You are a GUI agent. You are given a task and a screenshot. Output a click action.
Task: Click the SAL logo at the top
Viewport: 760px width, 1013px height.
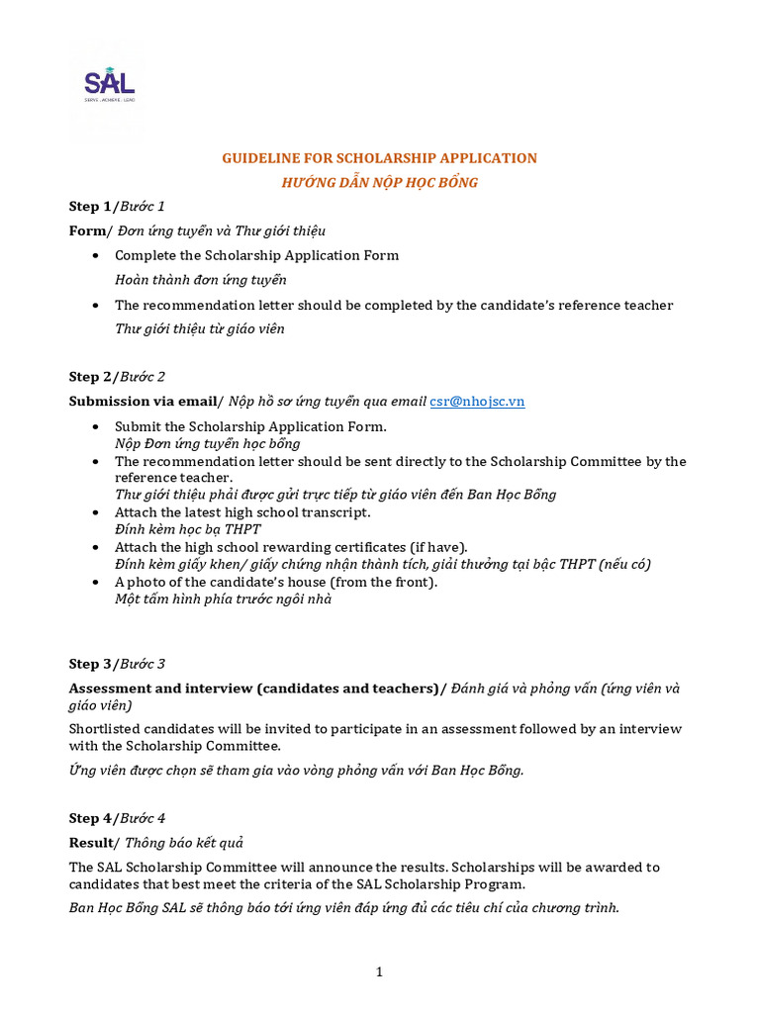[109, 84]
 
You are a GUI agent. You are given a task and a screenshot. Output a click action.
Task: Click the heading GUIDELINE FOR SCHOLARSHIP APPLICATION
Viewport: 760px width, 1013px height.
[379, 158]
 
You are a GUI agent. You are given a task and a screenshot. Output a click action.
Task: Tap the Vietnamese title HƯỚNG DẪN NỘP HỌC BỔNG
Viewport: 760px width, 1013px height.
[380, 183]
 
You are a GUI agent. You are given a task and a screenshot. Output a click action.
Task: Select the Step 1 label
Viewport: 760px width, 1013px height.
[90, 207]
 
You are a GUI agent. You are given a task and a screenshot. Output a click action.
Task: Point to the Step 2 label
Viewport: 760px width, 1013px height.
[90, 377]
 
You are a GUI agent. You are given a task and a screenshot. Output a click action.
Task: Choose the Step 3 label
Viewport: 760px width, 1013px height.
[90, 664]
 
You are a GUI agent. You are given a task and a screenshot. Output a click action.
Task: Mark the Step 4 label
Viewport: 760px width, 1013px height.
[90, 818]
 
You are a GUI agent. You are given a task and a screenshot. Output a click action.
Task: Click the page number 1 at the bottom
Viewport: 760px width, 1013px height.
[379, 972]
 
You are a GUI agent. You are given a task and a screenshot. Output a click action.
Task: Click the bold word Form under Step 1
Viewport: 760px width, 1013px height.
[86, 230]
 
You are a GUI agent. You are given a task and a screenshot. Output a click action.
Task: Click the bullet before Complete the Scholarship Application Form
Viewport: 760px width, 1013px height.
[94, 255]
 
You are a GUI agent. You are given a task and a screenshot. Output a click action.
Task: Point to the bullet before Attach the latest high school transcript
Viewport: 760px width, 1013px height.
[94, 512]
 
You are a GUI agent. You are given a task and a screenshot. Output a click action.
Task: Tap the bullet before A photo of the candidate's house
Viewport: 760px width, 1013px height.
[94, 582]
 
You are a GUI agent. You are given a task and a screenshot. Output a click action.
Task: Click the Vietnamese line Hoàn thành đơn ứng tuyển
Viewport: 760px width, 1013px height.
[201, 280]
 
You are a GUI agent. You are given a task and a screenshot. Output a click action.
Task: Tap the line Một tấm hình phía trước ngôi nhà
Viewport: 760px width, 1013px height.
[224, 599]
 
